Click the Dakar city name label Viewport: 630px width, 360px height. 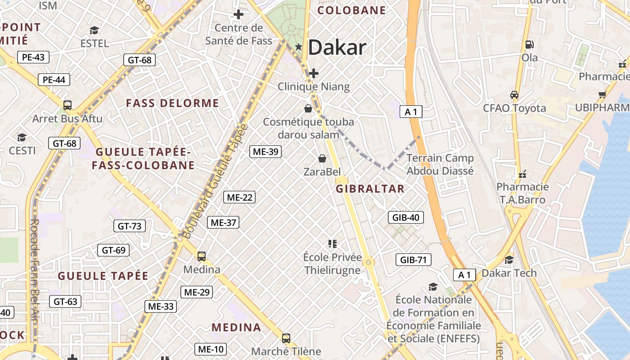coord(337,47)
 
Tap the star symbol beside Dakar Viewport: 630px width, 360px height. coord(298,47)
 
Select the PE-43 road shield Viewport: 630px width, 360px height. coord(33,57)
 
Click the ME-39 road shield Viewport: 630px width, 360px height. coord(265,152)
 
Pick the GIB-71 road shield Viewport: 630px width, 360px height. coord(413,260)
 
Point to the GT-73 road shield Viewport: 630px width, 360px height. coord(129,226)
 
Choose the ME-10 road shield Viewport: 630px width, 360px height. coord(210,349)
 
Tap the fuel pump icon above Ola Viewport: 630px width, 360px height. coord(530,44)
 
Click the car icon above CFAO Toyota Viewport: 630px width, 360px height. coord(514,95)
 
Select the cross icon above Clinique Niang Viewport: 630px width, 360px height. coord(314,73)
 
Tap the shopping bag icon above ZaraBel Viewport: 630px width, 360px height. coord(322,158)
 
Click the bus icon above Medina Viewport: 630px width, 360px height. coord(202,256)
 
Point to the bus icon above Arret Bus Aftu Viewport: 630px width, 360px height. coord(67,105)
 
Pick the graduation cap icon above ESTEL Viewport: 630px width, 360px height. coord(94,30)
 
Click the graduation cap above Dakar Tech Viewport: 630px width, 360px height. coord(509,260)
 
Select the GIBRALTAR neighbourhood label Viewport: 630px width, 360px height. coord(370,189)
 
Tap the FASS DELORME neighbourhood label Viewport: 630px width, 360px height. coord(172,103)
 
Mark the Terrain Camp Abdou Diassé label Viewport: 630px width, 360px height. coord(440,164)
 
